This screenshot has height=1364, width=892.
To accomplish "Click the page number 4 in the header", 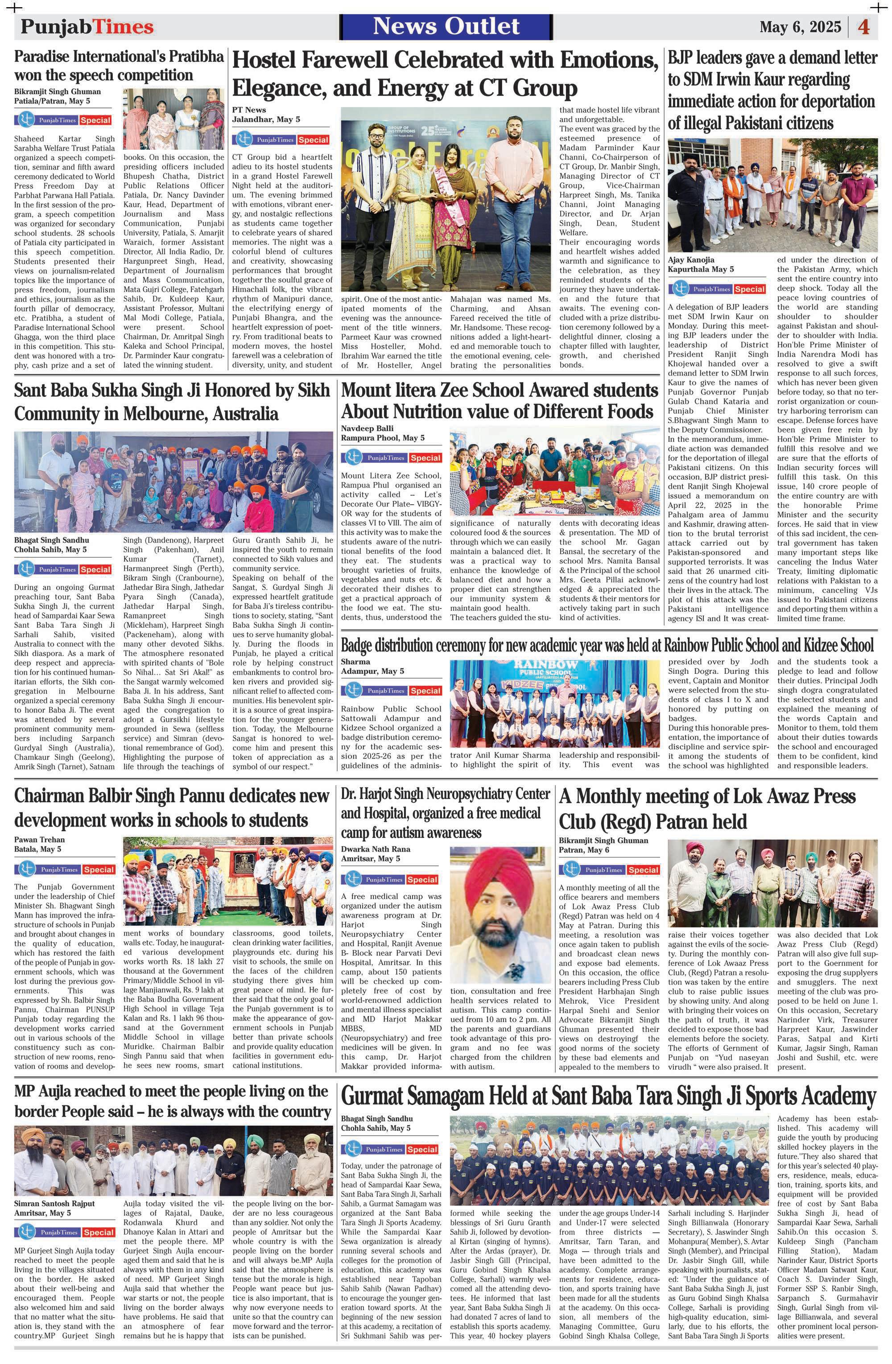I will pyautogui.click(x=863, y=27).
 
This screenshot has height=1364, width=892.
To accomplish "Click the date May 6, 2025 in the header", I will pyautogui.click(x=800, y=27).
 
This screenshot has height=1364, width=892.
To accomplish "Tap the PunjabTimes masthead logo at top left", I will pyautogui.click(x=87, y=27).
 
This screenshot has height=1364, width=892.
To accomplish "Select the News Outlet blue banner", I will pyautogui.click(x=446, y=26).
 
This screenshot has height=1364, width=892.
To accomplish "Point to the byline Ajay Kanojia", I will pyautogui.click(x=691, y=260).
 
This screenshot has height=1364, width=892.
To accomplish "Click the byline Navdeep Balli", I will pyautogui.click(x=368, y=428).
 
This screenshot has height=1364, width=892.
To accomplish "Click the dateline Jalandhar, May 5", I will pyautogui.click(x=266, y=119).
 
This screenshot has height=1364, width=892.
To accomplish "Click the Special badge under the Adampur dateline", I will pyautogui.click(x=425, y=691).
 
